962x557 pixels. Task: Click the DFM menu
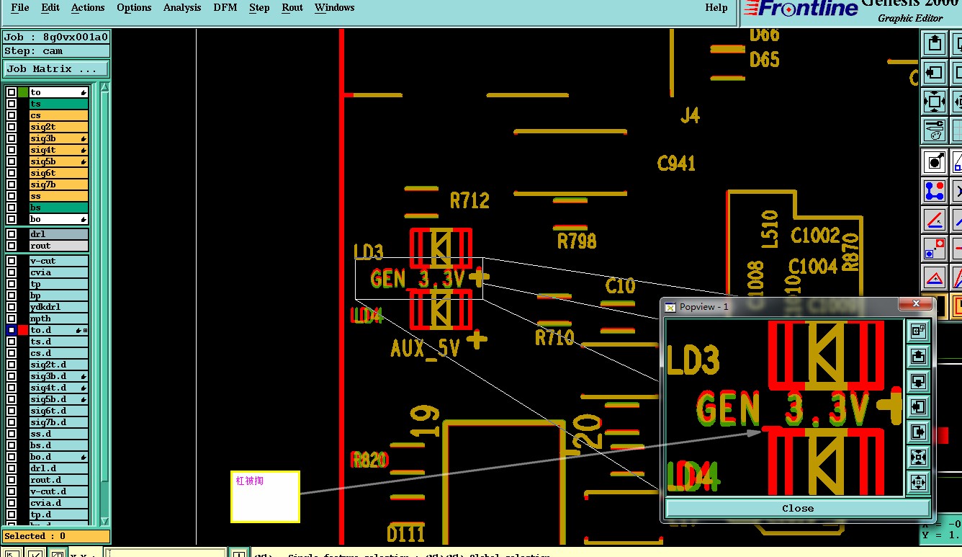coord(225,8)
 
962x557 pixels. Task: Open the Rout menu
coord(292,8)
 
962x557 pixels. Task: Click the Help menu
coord(716,8)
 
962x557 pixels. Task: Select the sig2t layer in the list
coord(58,127)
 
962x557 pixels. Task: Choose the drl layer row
coord(58,234)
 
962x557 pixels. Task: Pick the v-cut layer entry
coord(58,261)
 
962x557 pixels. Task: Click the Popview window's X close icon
coord(916,305)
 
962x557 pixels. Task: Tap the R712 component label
coord(469,200)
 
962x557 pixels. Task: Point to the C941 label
coord(676,164)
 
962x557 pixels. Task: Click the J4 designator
coord(690,115)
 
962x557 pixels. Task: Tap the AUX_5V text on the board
coord(425,349)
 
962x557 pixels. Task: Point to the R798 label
coord(577,241)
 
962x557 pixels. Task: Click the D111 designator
coord(405,534)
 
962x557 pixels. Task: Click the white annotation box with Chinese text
coord(265,496)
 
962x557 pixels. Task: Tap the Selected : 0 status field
coord(56,536)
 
